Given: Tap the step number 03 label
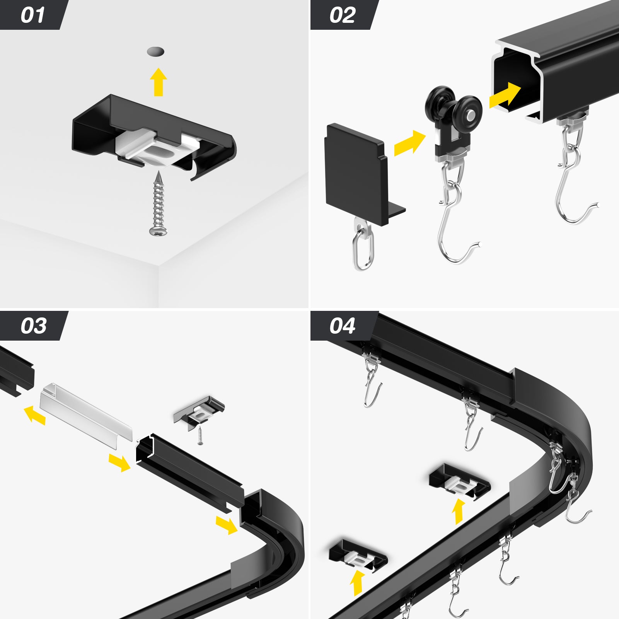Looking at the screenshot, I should (34, 326).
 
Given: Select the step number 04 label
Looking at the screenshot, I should (342, 326).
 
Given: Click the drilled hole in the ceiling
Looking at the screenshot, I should (155, 51).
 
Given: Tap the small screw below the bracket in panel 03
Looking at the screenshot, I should (200, 436).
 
